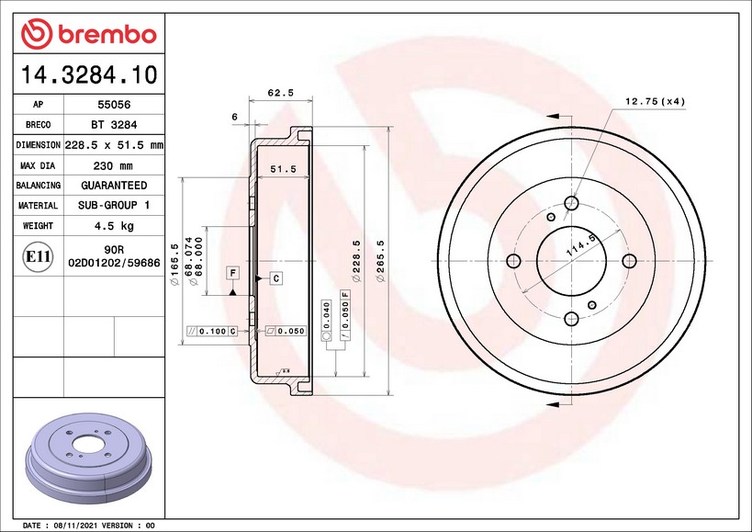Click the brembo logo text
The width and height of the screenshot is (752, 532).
pos(107,35)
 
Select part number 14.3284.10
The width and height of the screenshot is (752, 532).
pos(89,74)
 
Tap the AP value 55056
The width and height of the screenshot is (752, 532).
pos(114,105)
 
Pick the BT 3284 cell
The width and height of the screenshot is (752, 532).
pos(114,125)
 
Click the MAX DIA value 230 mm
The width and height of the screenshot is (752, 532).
pos(113,166)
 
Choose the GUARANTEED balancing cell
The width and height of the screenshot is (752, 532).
pos(114,186)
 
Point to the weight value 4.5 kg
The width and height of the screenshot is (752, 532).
pos(114,225)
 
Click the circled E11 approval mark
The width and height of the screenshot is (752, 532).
pos(38,256)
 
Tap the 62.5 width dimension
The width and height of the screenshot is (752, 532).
pos(281,93)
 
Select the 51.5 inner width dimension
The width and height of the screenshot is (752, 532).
pos(283,169)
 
